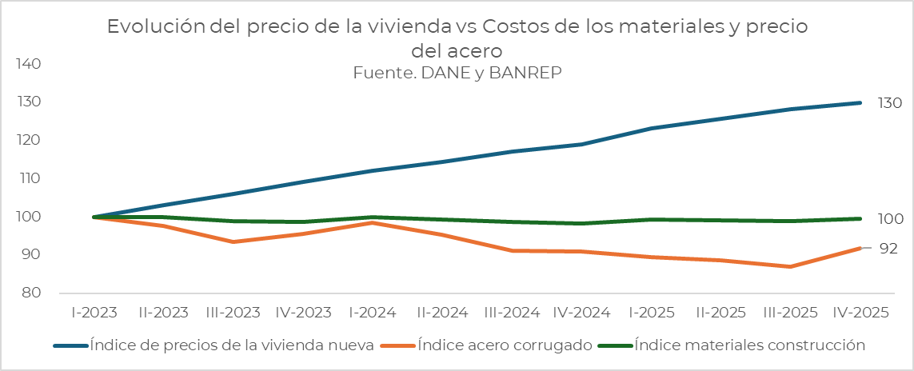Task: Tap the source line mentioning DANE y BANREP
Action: pyautogui.click(x=457, y=72)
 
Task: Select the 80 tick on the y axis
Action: pyautogui.click(x=32, y=293)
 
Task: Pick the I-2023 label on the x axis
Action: pyautogui.click(x=94, y=313)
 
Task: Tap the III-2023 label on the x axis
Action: pyautogui.click(x=233, y=313)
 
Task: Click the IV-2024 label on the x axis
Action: pyautogui.click(x=582, y=313)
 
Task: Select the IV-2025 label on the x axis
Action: pyautogui.click(x=860, y=313)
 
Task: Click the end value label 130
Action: pyautogui.click(x=889, y=103)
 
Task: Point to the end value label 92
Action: pyautogui.click(x=888, y=249)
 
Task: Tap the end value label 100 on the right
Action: pyautogui.click(x=889, y=219)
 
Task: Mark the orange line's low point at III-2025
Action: pyautogui.click(x=791, y=266)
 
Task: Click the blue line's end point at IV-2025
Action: pyautogui.click(x=860, y=103)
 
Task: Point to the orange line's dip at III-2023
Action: pyautogui.click(x=233, y=241)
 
